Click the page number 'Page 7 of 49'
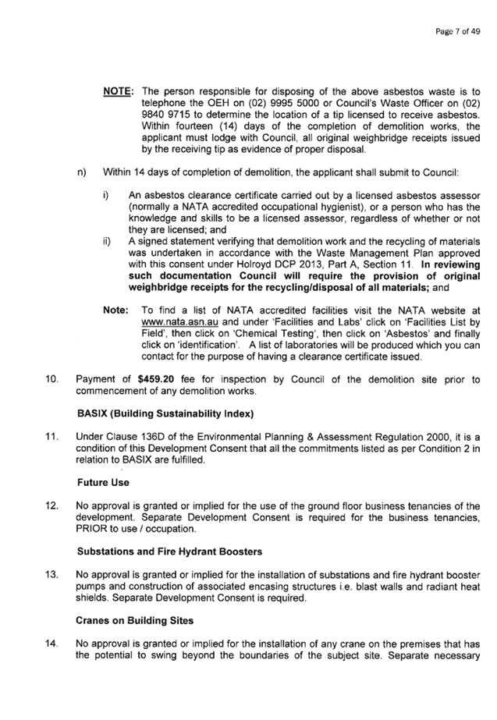457,31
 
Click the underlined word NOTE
117,91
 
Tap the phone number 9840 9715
165,115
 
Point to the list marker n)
82,172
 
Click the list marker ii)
107,242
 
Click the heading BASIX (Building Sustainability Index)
165,413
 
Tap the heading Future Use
103,483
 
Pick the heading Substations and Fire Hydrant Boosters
169,552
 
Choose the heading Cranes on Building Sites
134,620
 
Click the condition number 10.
51,379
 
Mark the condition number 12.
51,506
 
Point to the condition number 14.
51,644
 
